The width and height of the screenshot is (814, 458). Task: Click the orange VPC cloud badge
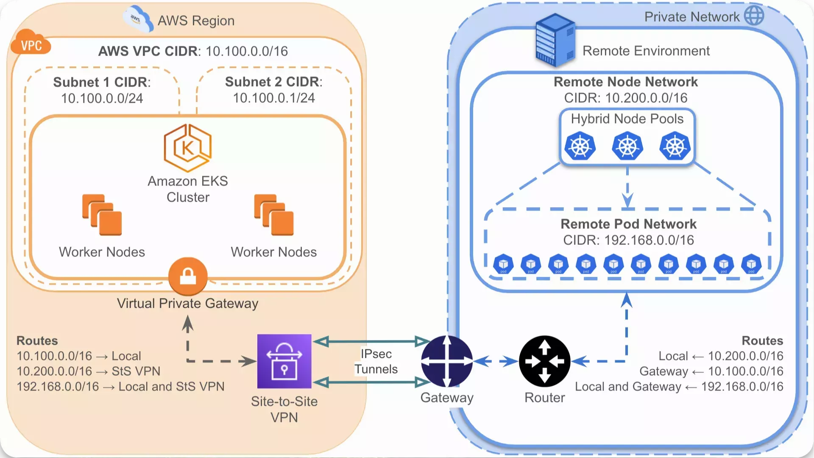point(31,42)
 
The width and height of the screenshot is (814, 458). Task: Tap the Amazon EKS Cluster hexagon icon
point(188,148)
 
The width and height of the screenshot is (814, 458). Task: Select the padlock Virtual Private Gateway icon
point(188,276)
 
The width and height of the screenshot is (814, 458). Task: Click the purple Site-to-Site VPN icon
point(284,361)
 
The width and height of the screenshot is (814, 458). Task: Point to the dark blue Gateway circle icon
point(447,361)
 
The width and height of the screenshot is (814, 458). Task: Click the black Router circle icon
point(544,361)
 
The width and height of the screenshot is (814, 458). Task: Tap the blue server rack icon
point(555,40)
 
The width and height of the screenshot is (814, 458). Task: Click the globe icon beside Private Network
point(754,16)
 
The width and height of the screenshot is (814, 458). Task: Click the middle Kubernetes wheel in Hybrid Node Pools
point(627,146)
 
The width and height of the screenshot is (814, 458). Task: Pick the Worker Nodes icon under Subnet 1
point(102,215)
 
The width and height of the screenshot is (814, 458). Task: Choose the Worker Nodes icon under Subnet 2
point(274,215)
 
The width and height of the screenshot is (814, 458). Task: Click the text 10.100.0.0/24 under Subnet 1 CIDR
point(102,98)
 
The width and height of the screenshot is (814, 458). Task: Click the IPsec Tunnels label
point(376,362)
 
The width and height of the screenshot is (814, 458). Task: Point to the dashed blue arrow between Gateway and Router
point(496,362)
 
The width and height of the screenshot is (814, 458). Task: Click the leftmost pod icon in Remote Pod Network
point(503,264)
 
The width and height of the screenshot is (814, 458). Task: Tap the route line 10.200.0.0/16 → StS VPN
point(88,371)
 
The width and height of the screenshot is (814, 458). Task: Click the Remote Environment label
point(646,51)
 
